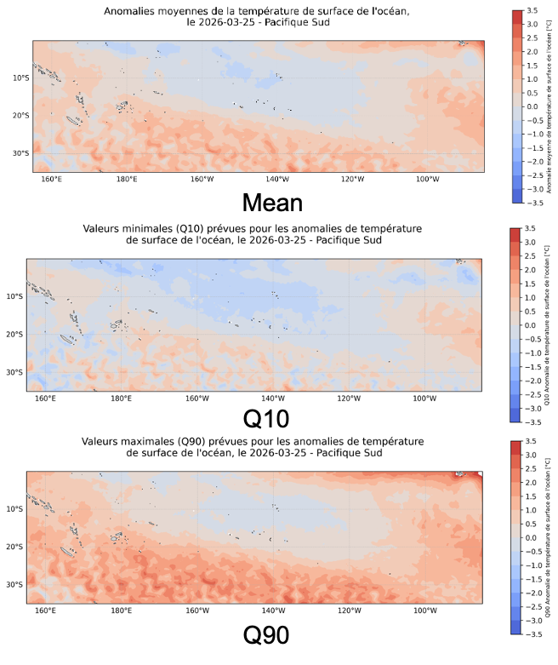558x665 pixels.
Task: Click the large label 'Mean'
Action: tap(272, 202)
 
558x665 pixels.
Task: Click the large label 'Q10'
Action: tap(266, 419)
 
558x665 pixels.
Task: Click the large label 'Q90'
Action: tap(266, 635)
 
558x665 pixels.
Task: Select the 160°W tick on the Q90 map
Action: tap(196, 611)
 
